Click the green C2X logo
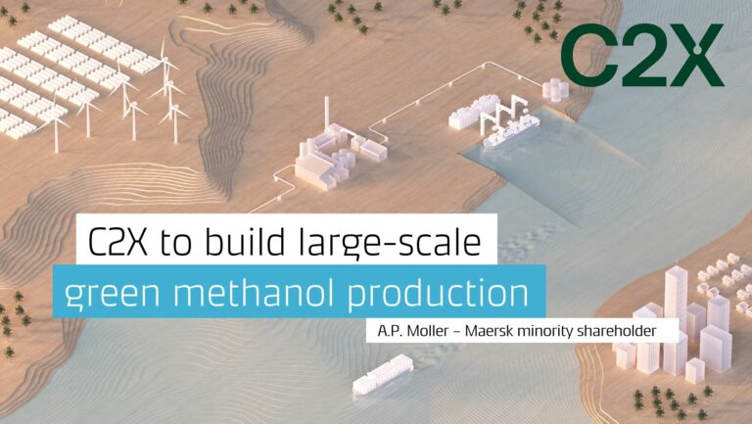[x=642, y=55]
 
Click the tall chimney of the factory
[x=327, y=112]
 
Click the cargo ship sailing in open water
[x=382, y=375]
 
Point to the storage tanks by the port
[x=555, y=89]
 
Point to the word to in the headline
[x=175, y=243]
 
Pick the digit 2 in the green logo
[x=640, y=55]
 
